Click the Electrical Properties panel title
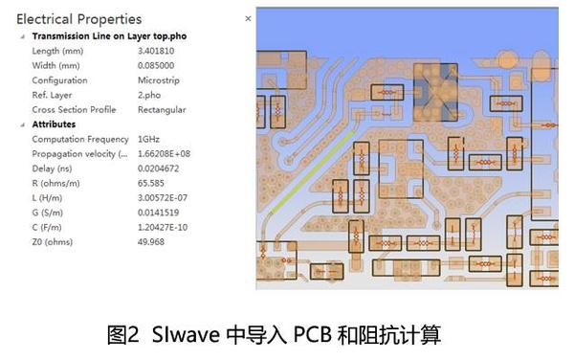click(78, 19)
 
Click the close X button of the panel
click(249, 18)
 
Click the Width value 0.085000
click(160, 65)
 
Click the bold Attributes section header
click(55, 124)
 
